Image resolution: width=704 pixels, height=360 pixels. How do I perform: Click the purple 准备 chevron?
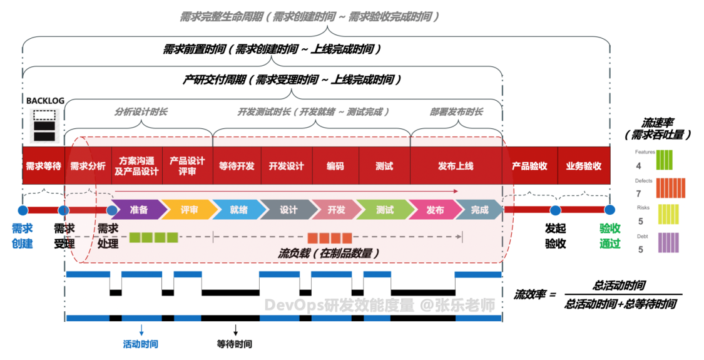point(138,210)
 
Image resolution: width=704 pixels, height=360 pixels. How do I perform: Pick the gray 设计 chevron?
point(288,210)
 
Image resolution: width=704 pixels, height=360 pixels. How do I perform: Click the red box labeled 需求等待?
point(43,166)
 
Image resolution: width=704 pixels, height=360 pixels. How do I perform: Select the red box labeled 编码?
point(335,166)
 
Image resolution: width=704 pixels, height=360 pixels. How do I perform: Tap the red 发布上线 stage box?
point(456,166)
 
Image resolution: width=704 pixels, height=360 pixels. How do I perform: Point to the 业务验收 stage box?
point(583,166)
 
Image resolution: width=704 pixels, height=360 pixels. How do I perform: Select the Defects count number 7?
point(639,194)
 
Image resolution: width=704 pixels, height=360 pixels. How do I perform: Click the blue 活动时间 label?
point(141,344)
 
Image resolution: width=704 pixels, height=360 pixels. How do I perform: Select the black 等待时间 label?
point(235,344)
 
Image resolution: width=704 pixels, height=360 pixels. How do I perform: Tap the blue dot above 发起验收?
point(554,210)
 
